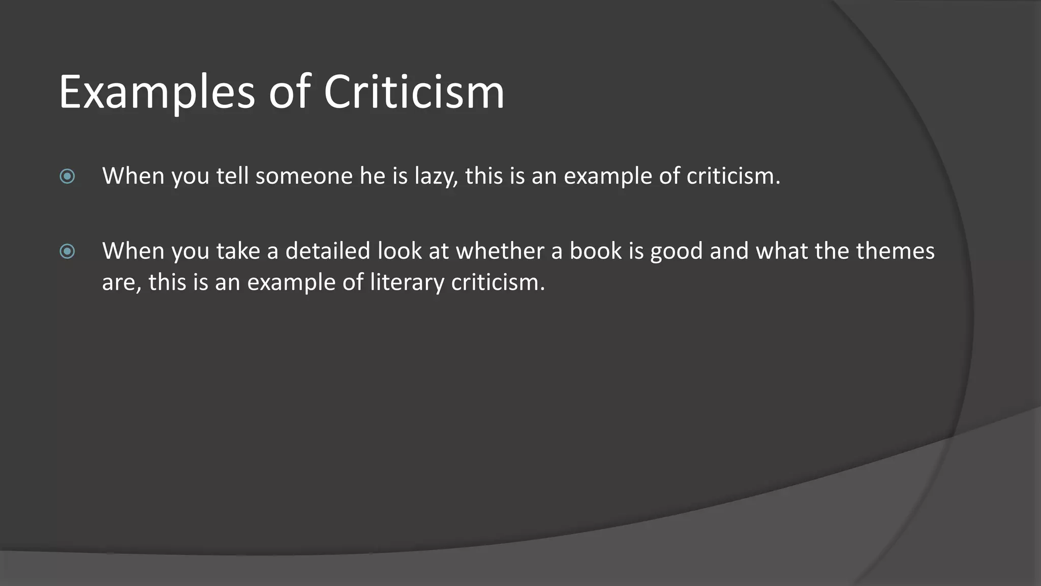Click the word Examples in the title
click(x=157, y=93)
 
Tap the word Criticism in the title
click(x=414, y=93)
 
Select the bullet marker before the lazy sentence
click(x=67, y=177)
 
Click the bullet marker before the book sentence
click(x=67, y=251)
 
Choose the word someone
click(x=304, y=177)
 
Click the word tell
click(x=232, y=177)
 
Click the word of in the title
click(x=289, y=93)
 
